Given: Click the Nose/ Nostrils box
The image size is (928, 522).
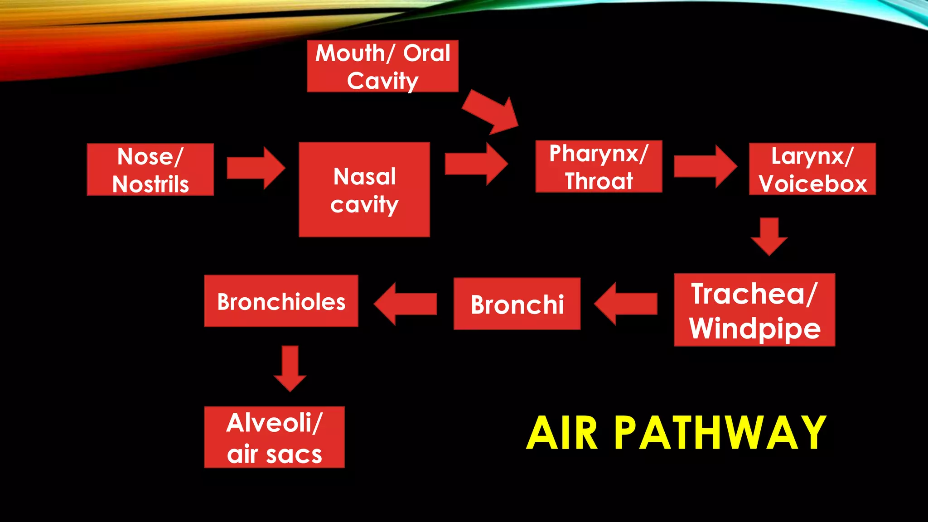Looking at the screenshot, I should point(150,169).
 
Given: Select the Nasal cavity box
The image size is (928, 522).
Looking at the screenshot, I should point(364,189).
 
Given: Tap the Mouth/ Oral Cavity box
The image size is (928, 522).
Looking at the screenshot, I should point(382,66).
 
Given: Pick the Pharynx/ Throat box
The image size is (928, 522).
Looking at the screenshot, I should point(599,166).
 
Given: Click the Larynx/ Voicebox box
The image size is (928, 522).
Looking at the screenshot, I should point(812,169).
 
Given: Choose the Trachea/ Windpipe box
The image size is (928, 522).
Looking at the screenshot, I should point(754,310).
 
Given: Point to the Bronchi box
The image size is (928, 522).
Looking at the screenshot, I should point(517,304).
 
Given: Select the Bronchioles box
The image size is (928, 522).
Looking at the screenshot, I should point(281,301).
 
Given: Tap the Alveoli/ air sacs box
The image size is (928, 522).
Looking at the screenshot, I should point(274,437).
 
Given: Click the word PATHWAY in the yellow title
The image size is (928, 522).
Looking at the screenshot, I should point(720,433).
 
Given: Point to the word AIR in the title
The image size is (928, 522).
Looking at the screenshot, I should point(562,433).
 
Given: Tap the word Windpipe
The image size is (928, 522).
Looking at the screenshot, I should point(755,329).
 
